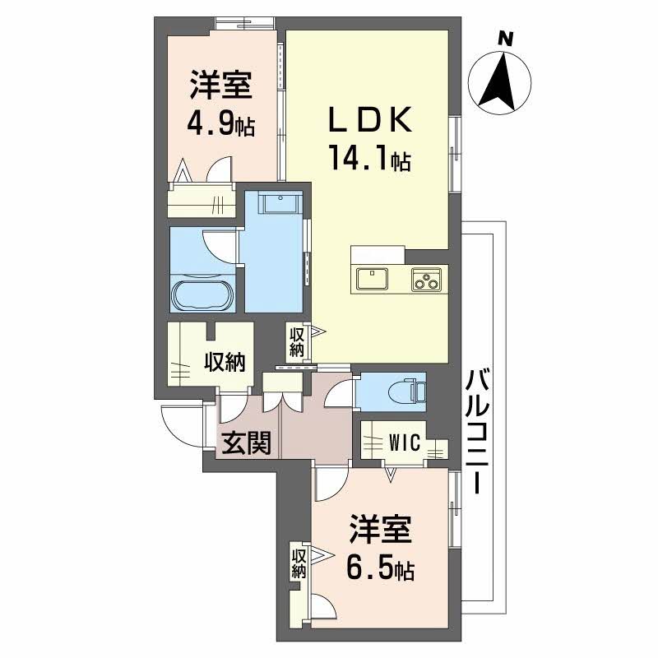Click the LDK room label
click(x=369, y=121)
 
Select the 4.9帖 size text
click(x=220, y=125)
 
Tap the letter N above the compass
click(x=507, y=37)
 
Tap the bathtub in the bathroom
click(x=202, y=294)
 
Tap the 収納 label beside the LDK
click(x=297, y=342)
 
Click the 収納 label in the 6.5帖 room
click(x=299, y=563)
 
